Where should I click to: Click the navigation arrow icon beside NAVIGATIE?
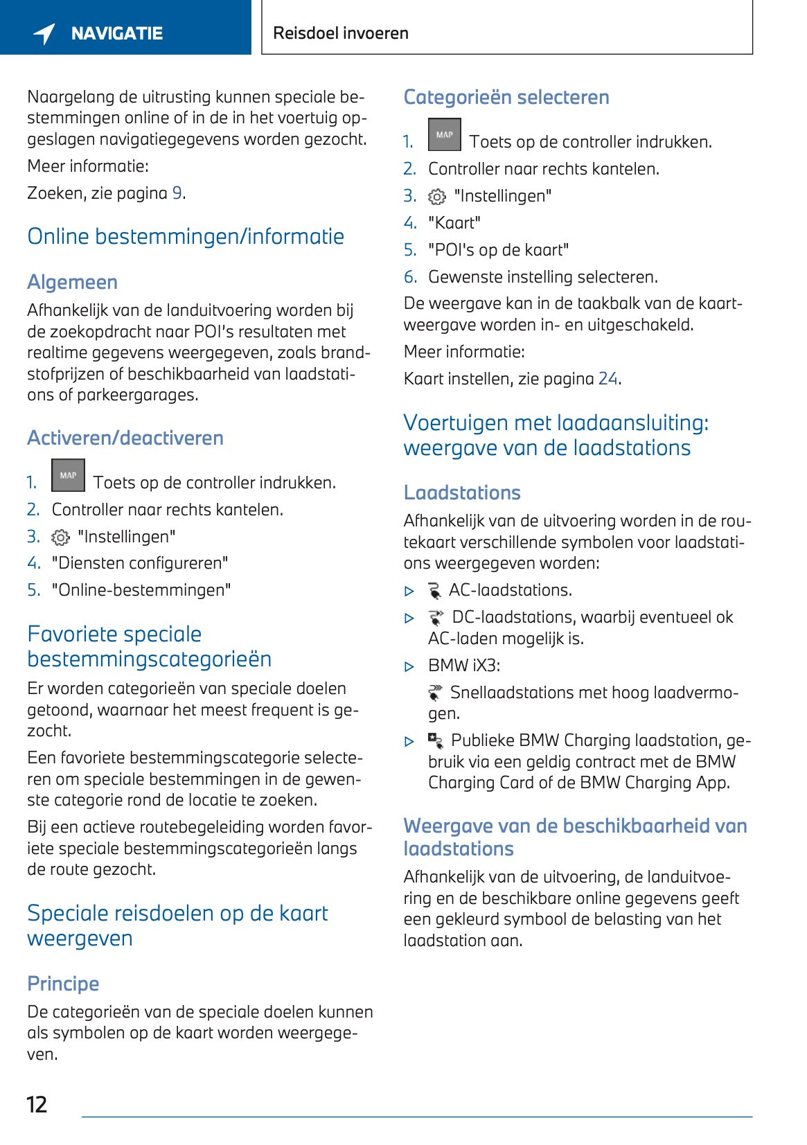44,33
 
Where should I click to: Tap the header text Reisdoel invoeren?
341,33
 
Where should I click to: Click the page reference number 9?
177,193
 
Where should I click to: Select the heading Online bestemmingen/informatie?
186,237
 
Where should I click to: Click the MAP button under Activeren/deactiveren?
68,475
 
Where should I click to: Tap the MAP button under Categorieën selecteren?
444,134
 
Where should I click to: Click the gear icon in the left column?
61,538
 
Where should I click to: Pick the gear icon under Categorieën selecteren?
437,197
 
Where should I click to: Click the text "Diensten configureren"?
139,563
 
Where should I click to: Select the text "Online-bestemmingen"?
141,590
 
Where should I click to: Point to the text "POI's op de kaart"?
498,250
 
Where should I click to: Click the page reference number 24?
608,379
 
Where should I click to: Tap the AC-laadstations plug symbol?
435,591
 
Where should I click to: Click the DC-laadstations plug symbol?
436,617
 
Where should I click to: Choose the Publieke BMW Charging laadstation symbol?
436,741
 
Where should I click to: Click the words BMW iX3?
463,666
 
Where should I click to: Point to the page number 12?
37,1104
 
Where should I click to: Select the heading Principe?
63,984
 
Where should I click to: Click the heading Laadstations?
462,492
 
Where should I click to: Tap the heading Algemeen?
72,283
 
